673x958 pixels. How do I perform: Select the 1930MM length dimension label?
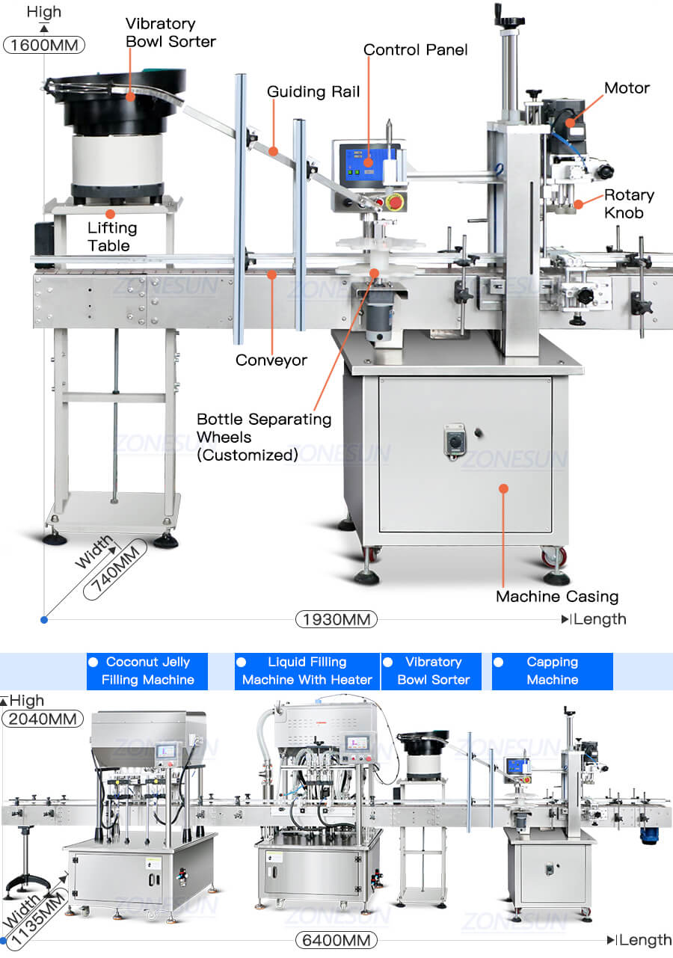tap(336, 619)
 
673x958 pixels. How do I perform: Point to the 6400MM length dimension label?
tap(336, 940)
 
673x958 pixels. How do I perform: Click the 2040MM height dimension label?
tap(43, 719)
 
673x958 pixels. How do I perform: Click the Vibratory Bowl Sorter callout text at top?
tap(170, 33)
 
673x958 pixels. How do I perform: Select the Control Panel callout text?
tap(415, 50)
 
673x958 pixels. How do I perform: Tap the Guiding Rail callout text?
tap(313, 92)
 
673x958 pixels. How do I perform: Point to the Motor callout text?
tap(627, 88)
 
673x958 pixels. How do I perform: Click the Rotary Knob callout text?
tap(629, 203)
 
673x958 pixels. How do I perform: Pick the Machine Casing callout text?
tap(557, 596)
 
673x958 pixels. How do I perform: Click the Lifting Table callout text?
tap(112, 236)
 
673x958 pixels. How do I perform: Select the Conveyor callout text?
tap(271, 360)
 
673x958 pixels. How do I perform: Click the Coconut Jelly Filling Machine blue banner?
tap(147, 671)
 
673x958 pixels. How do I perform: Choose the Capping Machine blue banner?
tap(552, 671)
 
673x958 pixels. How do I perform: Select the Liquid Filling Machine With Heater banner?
tap(307, 671)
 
